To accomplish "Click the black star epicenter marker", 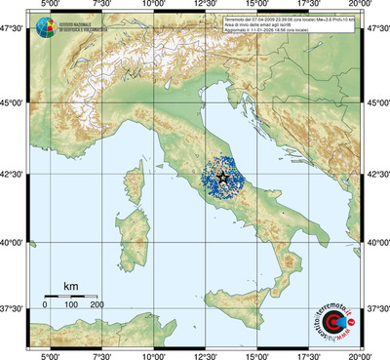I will coord(222,177).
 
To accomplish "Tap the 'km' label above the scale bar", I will coord(70,286).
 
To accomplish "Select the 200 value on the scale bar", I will coord(97,305).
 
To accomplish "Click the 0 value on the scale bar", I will coord(46,305).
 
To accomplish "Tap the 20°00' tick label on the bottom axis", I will coord(362,354).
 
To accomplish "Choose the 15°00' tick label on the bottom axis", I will coord(257,354).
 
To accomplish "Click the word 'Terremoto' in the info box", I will coord(237,20).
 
